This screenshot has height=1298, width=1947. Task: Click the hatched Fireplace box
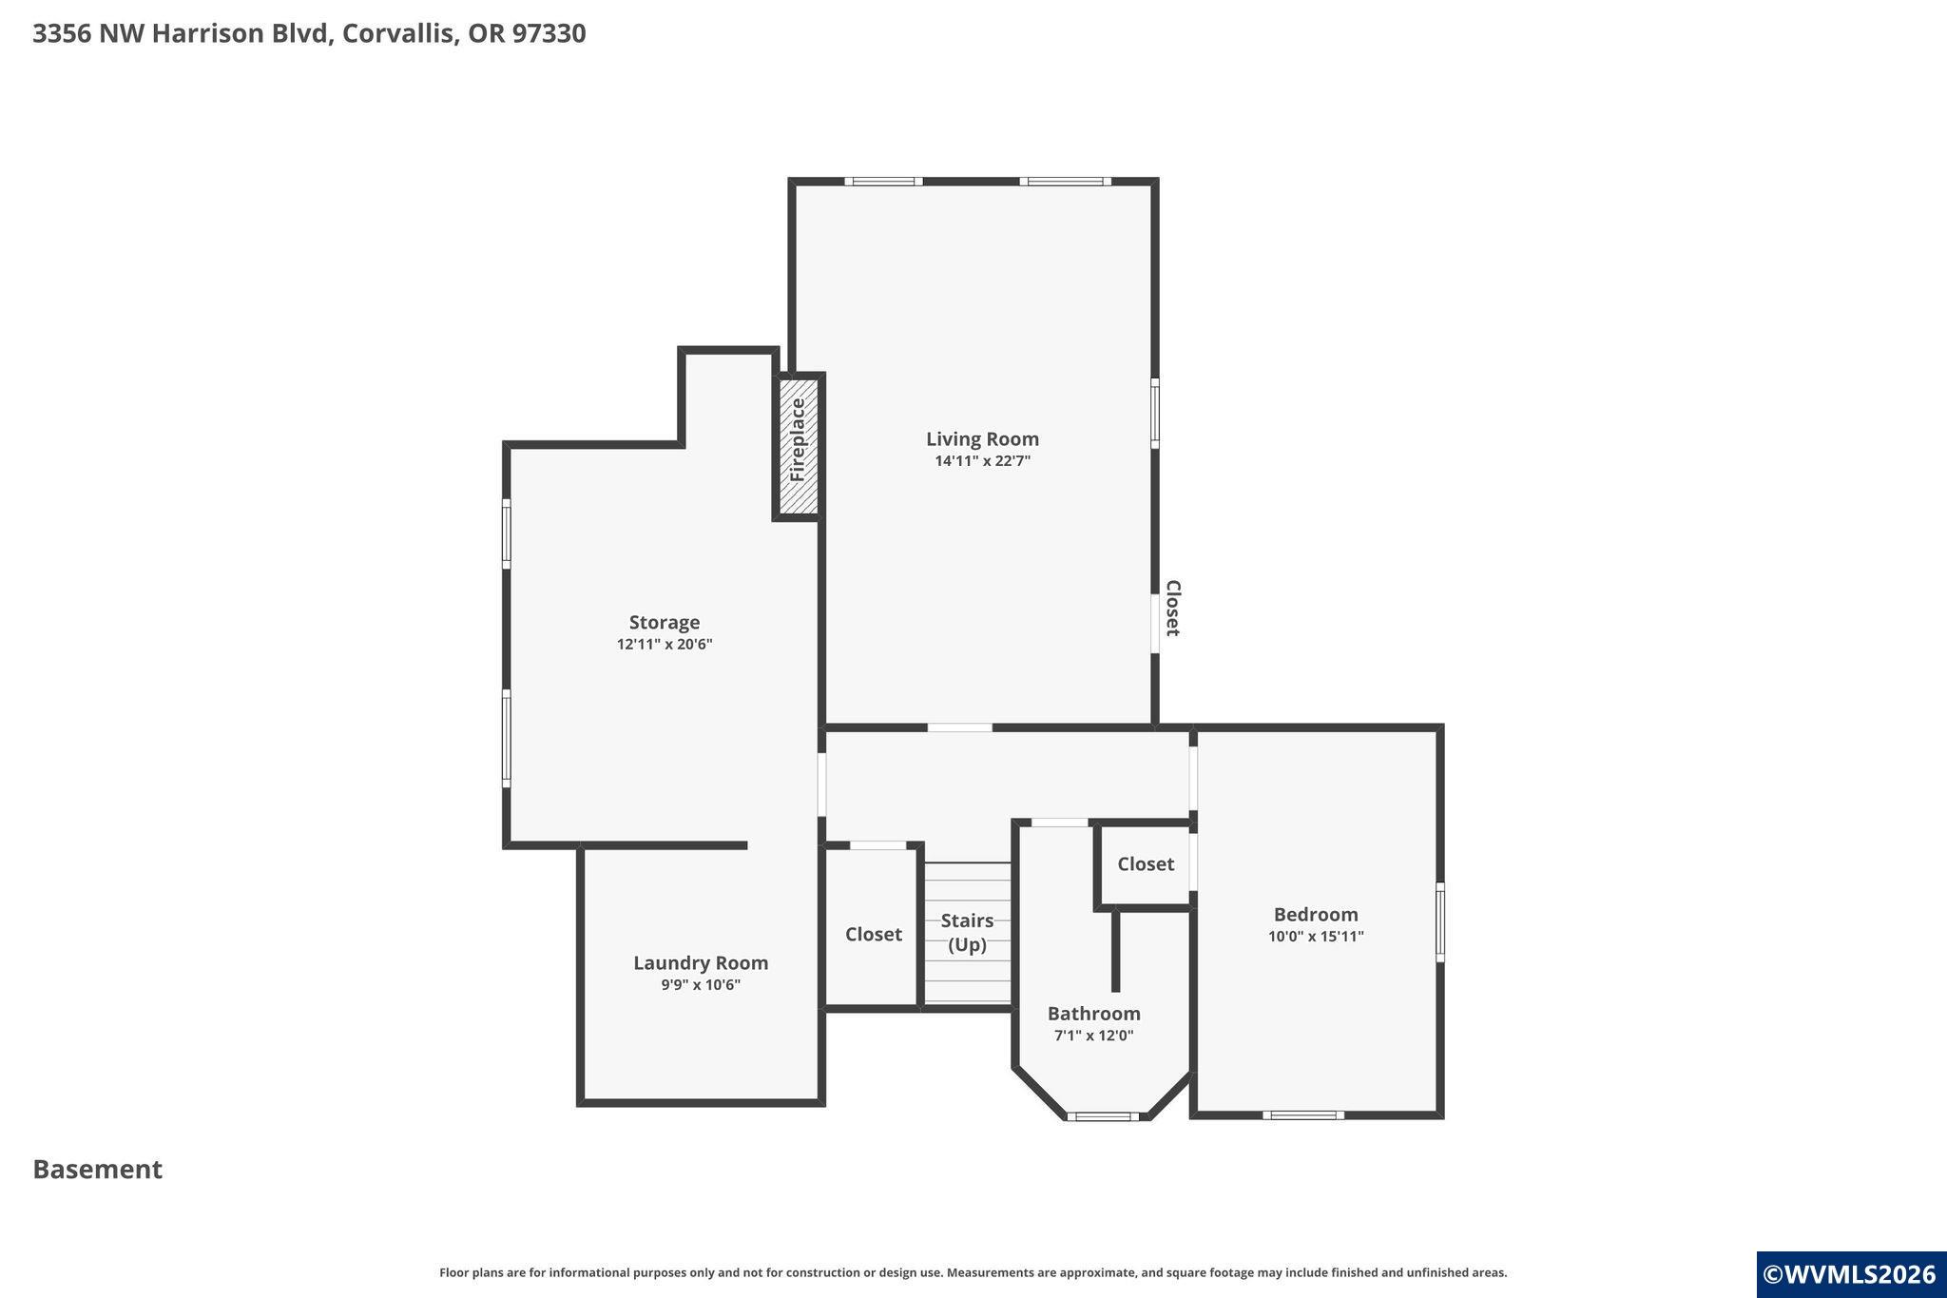pyautogui.click(x=799, y=446)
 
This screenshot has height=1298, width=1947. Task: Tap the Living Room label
pyautogui.click(x=982, y=438)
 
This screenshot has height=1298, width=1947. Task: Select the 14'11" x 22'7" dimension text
pyautogui.click(x=982, y=461)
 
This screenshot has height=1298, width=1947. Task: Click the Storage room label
pyautogui.click(x=664, y=622)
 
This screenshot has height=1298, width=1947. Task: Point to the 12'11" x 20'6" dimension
pyautogui.click(x=664, y=645)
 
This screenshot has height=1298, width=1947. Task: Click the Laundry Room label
pyautogui.click(x=701, y=962)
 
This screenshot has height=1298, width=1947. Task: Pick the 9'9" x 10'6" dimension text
pyautogui.click(x=701, y=985)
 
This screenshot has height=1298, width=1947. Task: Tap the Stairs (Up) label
pyautogui.click(x=967, y=932)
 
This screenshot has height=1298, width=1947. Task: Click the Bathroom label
pyautogui.click(x=1093, y=1013)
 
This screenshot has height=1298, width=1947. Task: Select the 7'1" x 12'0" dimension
pyautogui.click(x=1093, y=1036)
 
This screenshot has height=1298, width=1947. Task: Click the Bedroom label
pyautogui.click(x=1316, y=914)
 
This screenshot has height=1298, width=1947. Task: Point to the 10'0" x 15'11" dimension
pyautogui.click(x=1316, y=937)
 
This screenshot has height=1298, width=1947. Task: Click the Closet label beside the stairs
pyautogui.click(x=873, y=934)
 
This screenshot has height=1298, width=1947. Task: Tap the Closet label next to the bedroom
pyautogui.click(x=1145, y=863)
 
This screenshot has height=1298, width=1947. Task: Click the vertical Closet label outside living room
pyautogui.click(x=1173, y=608)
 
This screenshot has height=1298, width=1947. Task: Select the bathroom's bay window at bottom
pyautogui.click(x=1103, y=1116)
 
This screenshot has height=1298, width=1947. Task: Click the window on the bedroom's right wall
pyautogui.click(x=1439, y=922)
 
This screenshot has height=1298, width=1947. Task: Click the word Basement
pyautogui.click(x=97, y=1169)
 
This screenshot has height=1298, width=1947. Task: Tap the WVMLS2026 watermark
pyautogui.click(x=1849, y=1274)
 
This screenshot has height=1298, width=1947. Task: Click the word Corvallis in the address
pyautogui.click(x=399, y=33)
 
